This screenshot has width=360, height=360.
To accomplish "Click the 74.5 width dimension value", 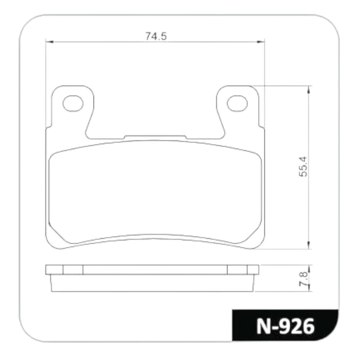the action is pos(156,36).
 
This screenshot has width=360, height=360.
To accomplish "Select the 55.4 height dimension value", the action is pos(303,166).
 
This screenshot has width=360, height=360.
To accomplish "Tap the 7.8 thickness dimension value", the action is pos(303,279).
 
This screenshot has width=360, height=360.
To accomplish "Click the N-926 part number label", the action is pos(285,326).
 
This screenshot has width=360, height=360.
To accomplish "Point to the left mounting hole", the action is pos(73,104).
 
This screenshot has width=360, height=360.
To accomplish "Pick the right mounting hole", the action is pos(237,104).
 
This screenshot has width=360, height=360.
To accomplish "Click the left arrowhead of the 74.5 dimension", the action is pos(49,42).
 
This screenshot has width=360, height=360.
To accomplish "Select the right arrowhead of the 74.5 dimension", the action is pos(261,42).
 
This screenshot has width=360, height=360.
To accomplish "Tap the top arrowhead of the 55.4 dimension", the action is pos(309,90).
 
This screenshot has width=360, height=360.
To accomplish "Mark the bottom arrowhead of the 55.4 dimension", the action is pos(309,245).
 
